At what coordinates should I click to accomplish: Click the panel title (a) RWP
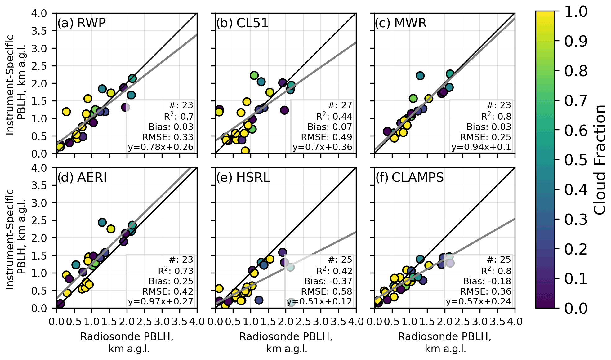[x=82, y=23]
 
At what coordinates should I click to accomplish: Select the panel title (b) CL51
[x=242, y=23]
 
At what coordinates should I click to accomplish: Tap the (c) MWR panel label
[x=400, y=23]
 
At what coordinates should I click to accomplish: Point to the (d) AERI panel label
[x=82, y=177]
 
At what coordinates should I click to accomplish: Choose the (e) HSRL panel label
[x=243, y=177]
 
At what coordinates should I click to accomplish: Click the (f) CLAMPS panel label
[x=409, y=177]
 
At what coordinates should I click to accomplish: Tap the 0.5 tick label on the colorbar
[x=576, y=160]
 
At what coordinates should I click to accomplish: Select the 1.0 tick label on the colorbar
[x=576, y=12]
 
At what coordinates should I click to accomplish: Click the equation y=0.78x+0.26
[x=160, y=147]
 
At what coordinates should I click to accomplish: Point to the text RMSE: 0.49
[x=326, y=137]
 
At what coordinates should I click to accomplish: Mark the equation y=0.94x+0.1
[x=481, y=147]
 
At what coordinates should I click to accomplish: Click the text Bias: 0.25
[x=171, y=281]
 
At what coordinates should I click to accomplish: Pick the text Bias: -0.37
[x=328, y=281]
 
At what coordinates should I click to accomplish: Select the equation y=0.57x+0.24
[x=478, y=301]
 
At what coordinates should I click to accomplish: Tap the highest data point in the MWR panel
[x=450, y=74]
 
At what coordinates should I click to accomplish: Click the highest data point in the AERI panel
[x=102, y=222]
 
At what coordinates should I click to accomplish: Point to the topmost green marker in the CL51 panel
[x=254, y=75]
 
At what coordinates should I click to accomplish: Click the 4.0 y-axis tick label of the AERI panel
[x=39, y=168]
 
